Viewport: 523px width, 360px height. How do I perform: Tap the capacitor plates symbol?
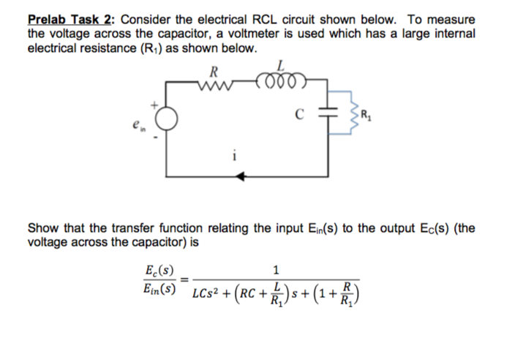(x=328, y=115)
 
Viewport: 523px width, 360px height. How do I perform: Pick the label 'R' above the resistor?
(x=213, y=71)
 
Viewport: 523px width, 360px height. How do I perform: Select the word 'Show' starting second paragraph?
(x=42, y=228)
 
